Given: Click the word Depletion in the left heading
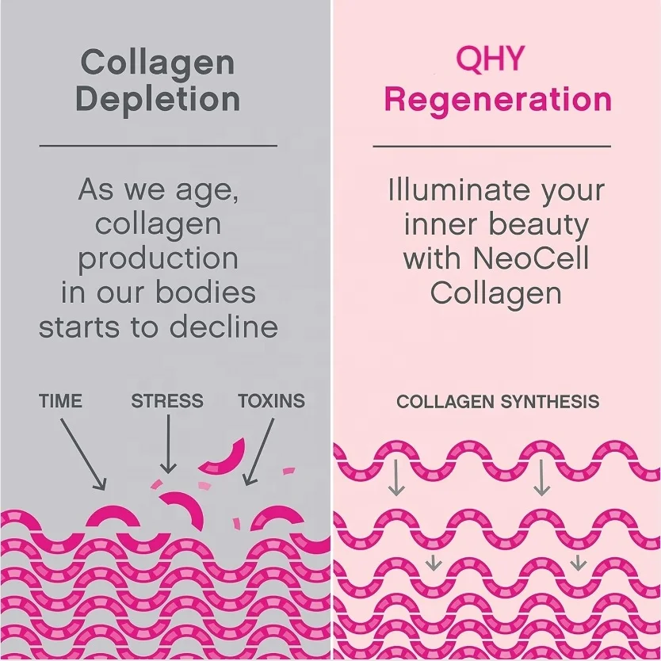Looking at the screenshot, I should coord(158,100).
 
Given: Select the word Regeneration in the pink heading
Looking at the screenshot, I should coord(497,100).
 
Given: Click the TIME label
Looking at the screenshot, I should coord(60,401).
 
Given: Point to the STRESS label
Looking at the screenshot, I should coord(167,401).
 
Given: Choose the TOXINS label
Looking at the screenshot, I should coord(272,401).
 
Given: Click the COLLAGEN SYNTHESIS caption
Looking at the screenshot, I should coord(498,402).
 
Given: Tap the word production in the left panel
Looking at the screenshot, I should coord(158,259).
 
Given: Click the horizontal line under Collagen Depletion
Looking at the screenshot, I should coord(158,146).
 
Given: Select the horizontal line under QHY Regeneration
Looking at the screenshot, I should coord(491,146).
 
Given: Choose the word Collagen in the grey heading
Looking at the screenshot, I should coord(158,62).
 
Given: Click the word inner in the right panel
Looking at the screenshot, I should coord(441,225).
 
